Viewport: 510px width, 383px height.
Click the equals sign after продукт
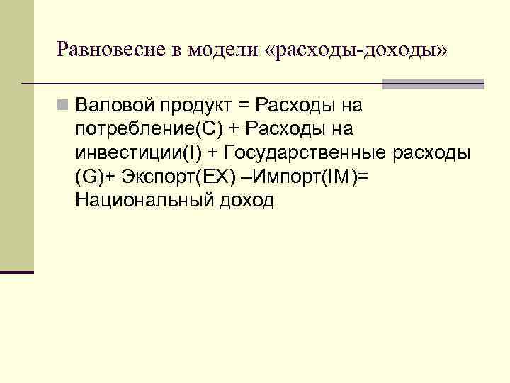click(x=244, y=107)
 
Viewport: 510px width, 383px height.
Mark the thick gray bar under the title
click(x=433, y=84)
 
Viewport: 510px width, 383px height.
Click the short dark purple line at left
click(x=17, y=272)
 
